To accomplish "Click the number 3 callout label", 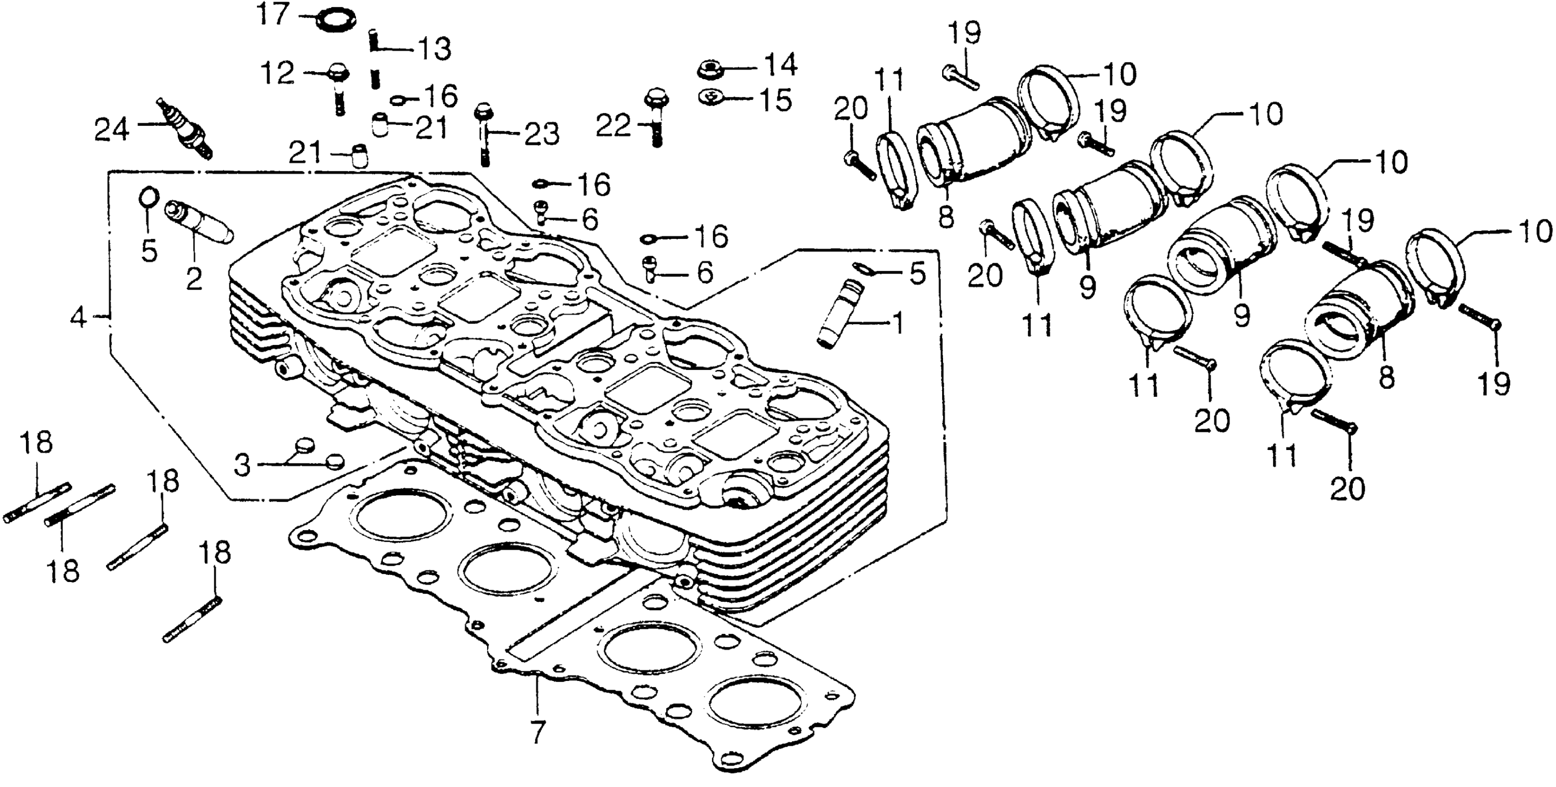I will click(x=242, y=466).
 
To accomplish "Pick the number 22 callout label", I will click(x=613, y=126).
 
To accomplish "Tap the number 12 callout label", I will click(x=277, y=73).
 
